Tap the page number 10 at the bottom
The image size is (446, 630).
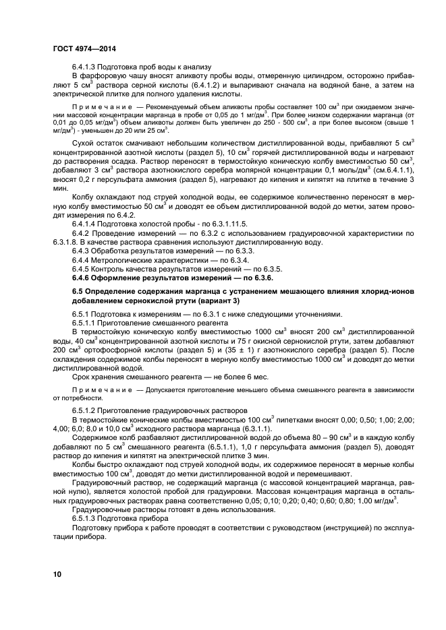pos(57,574)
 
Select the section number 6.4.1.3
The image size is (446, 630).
pos(86,67)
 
